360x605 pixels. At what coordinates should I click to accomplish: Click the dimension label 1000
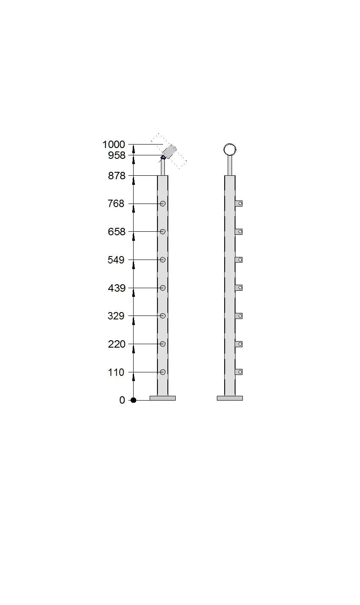pos(114,145)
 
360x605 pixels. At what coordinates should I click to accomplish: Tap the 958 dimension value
pos(117,155)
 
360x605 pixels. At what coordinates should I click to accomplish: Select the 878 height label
pos(117,176)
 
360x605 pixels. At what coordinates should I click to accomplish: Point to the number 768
pos(116,204)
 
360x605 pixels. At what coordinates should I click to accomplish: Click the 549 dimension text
pos(116,260)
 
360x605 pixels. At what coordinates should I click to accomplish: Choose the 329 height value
pos(116,316)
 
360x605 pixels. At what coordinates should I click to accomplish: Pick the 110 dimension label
pos(116,372)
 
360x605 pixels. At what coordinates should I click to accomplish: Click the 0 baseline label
pos(122,400)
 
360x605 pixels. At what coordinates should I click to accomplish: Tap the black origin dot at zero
pos(133,400)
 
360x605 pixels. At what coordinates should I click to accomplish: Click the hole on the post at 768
pos(163,204)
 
